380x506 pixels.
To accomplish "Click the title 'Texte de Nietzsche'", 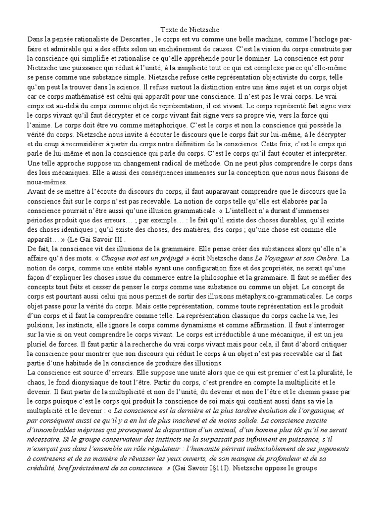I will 190,30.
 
